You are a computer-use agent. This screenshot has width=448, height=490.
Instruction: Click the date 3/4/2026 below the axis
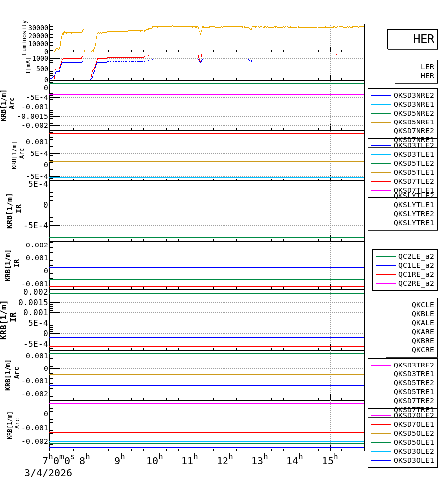click(48, 473)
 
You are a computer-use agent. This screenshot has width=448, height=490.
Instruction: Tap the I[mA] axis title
click(28, 65)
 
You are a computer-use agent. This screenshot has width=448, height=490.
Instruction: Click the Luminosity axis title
click(24, 37)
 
